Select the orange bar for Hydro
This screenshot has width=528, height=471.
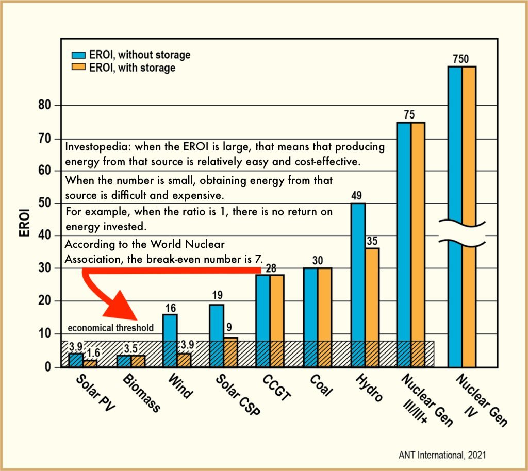click(372, 307)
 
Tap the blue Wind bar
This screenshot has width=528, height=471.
click(170, 340)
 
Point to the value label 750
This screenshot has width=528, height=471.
click(461, 59)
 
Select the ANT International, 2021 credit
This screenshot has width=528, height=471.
click(442, 456)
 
